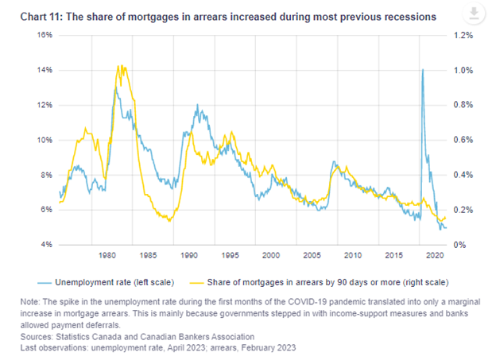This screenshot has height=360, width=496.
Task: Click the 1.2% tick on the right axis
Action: click(463, 35)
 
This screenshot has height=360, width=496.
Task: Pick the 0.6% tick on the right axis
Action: click(463, 140)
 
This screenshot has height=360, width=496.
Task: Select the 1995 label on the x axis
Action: click(230, 256)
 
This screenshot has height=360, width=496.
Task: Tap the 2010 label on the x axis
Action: click(352, 256)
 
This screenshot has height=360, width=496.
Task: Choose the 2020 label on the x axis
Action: click(434, 256)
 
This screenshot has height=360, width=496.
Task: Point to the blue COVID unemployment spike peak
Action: click(422, 69)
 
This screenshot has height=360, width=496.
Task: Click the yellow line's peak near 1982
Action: click(119, 65)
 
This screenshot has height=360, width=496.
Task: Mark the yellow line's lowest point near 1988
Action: click(169, 221)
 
